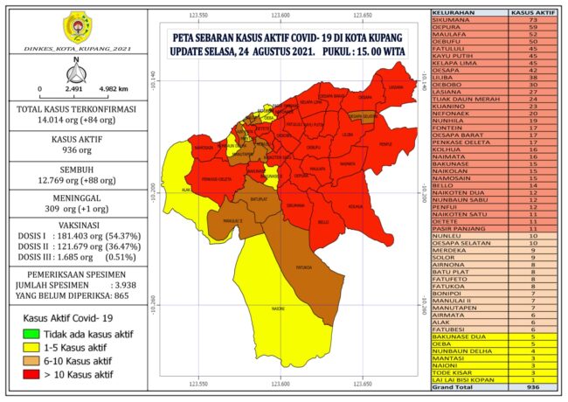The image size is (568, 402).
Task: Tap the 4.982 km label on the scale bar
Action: [x=114, y=89]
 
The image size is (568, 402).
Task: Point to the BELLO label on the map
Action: [x=322, y=222]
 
